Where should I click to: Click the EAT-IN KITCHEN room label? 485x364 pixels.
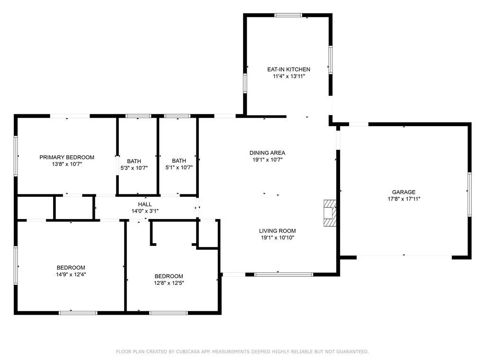tap(288, 69)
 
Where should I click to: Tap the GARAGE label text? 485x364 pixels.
tap(404, 192)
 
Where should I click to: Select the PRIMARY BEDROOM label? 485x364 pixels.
tap(67, 157)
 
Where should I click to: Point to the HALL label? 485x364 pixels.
tap(145, 204)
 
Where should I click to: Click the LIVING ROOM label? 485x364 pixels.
tap(278, 231)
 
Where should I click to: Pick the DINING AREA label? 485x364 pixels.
tap(267, 153)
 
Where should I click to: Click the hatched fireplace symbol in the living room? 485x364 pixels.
tap(330, 213)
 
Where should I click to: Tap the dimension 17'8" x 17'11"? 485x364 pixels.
tap(404, 199)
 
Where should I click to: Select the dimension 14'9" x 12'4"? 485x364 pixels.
tap(71, 274)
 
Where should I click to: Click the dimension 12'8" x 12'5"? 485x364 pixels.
tap(169, 283)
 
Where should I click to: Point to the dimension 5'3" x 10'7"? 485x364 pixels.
tap(134, 168)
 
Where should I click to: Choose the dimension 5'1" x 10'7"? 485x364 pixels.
tap(179, 167)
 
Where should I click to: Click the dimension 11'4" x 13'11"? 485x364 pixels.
tap(289, 76)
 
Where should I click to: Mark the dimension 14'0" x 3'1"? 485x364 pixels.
tap(145, 211)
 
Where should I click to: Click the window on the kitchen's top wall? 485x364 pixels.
tap(288, 15)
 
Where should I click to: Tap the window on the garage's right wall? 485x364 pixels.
tap(469, 194)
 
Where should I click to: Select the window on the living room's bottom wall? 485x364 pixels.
tap(284, 274)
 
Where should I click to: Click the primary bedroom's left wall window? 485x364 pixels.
tap(16, 156)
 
